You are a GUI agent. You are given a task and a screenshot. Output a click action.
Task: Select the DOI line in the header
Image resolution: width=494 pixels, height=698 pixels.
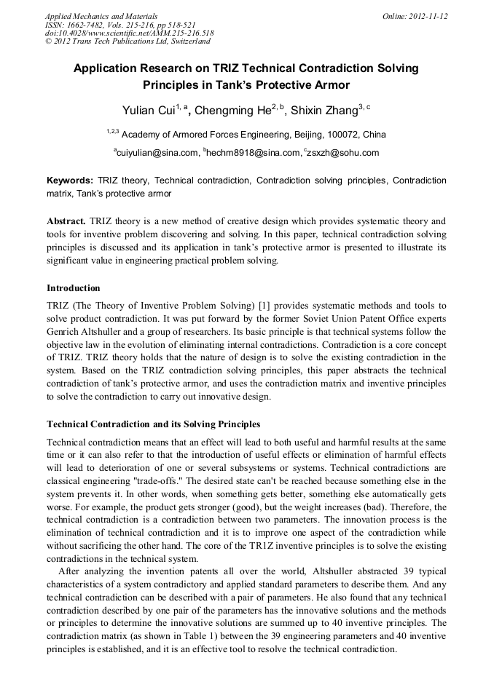pos(129,33)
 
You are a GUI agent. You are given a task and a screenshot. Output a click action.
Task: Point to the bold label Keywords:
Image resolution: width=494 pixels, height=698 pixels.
pos(70,180)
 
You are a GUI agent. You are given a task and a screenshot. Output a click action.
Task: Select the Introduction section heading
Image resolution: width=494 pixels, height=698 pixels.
pos(74,288)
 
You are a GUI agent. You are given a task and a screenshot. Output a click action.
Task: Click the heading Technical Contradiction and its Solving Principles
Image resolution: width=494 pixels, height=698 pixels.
pos(153,424)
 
